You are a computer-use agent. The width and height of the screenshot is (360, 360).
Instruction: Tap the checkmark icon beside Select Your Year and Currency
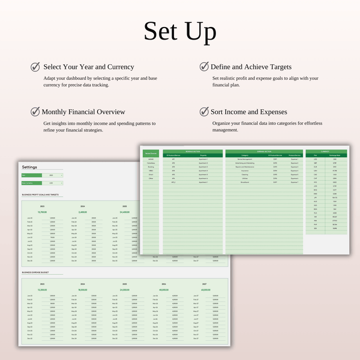pos(35,67)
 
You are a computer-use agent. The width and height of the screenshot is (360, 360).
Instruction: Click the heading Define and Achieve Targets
pos(251,67)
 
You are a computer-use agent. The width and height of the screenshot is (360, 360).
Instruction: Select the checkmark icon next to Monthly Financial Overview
pos(35,112)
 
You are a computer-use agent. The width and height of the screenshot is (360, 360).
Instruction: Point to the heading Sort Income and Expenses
pos(249,112)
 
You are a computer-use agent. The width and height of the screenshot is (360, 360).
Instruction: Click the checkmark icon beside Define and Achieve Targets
pos(203,67)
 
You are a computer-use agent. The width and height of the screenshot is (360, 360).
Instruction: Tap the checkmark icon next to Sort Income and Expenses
pos(203,112)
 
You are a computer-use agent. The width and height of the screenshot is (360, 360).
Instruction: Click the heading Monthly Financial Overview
pos(83,112)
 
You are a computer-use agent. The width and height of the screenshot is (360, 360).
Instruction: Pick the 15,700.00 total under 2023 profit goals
pos(43,212)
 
